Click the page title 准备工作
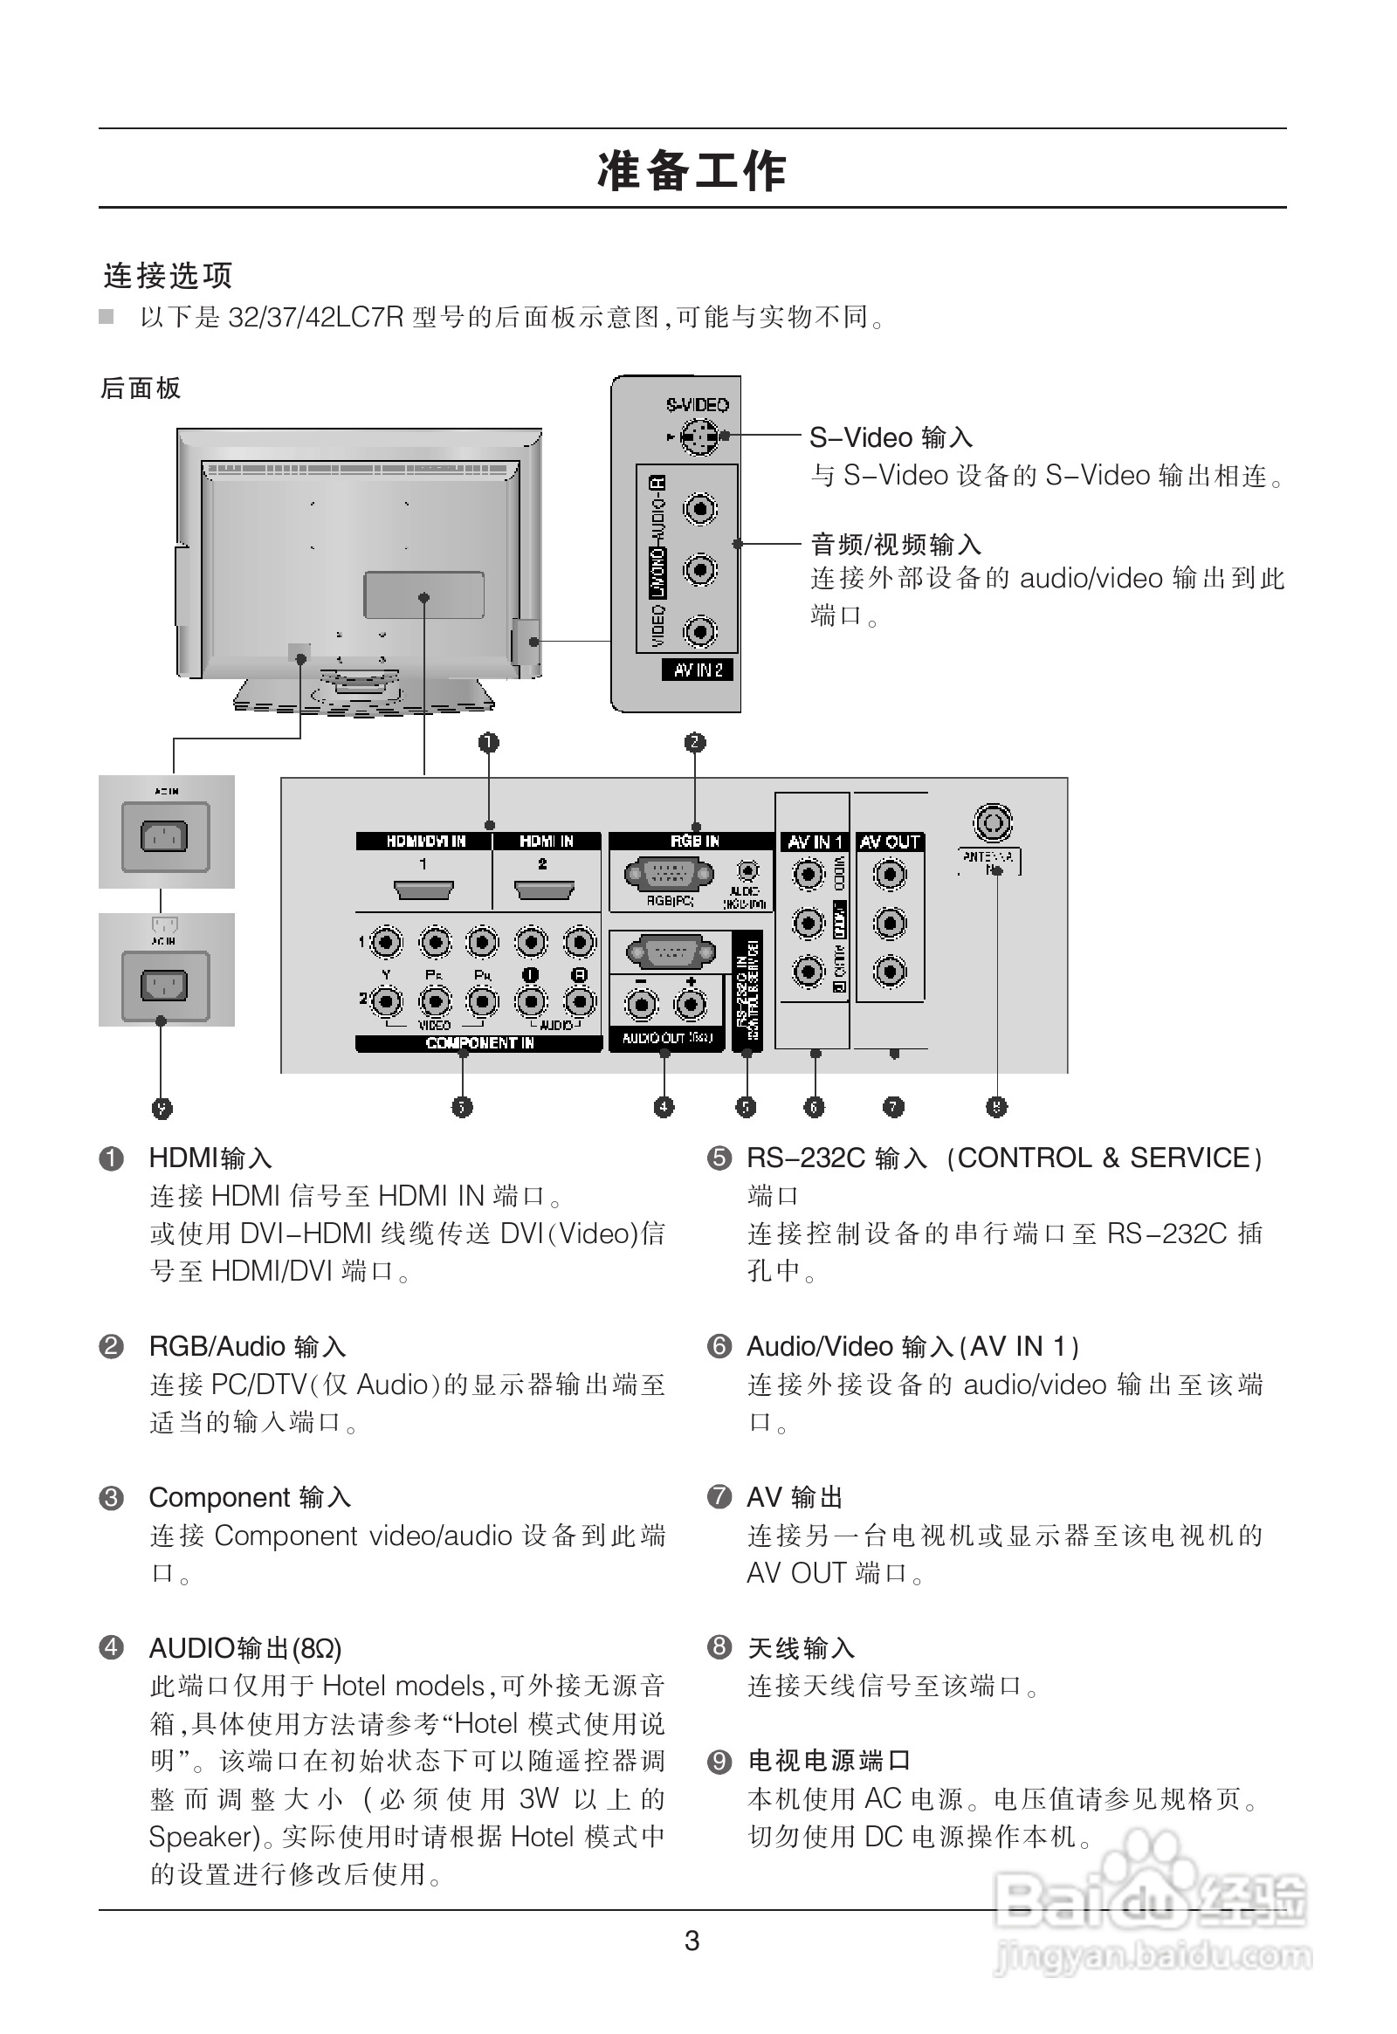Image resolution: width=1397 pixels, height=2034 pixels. (x=692, y=171)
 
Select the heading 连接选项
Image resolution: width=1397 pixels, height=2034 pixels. (x=168, y=276)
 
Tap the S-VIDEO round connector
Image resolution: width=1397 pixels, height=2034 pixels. (x=698, y=436)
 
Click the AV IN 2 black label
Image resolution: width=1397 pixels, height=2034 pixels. (x=698, y=670)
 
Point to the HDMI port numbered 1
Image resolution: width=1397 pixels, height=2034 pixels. (x=423, y=892)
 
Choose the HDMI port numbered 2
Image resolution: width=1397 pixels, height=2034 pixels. (x=544, y=892)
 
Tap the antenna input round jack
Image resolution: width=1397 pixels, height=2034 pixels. (x=993, y=822)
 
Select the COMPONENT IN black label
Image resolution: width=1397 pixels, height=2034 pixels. (x=478, y=1043)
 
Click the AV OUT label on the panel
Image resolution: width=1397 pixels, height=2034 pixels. (x=890, y=842)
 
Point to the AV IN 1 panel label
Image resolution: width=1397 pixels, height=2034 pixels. (x=813, y=842)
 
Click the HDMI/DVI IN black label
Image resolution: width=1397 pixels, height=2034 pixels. (x=425, y=841)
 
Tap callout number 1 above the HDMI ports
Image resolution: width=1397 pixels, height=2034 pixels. (x=488, y=743)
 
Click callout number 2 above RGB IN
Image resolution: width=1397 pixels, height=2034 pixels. (x=695, y=743)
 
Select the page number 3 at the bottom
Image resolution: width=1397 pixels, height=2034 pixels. (x=692, y=1941)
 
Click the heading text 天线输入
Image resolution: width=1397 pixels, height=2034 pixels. (x=801, y=1648)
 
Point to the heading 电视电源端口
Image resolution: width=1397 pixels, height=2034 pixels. (x=829, y=1760)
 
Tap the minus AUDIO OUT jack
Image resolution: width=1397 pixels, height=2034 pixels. (x=642, y=1005)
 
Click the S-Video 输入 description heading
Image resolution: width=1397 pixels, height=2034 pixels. (x=891, y=437)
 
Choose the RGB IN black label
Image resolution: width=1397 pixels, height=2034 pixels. (x=694, y=841)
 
